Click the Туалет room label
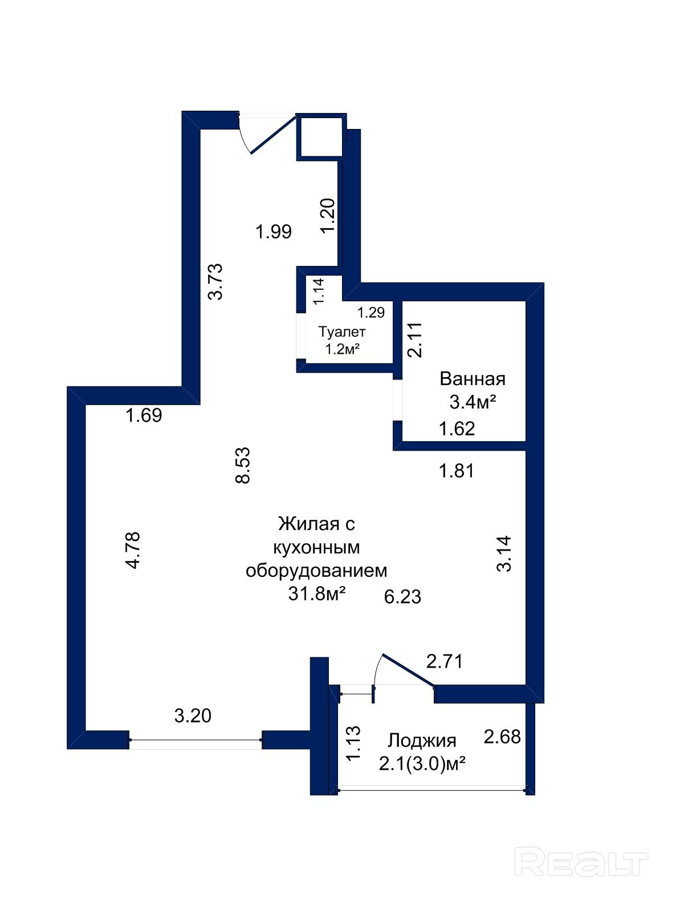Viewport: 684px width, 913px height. tap(342, 332)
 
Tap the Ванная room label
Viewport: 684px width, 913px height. tap(473, 379)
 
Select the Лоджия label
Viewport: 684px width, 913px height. tap(422, 741)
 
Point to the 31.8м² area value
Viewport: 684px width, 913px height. tap(317, 594)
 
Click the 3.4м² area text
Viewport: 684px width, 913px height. tap(473, 402)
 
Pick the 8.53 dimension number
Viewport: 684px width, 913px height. tap(243, 465)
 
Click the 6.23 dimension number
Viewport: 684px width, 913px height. tap(402, 597)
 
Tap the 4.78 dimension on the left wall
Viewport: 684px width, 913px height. tap(133, 551)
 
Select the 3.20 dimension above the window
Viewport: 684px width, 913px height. tap(193, 716)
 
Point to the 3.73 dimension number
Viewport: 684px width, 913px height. tap(216, 281)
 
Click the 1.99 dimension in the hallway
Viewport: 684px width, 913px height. tap(273, 231)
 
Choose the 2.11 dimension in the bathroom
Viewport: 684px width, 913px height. tap(415, 340)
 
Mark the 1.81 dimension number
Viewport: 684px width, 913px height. tap(457, 471)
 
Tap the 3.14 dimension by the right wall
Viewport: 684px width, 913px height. tap(504, 554)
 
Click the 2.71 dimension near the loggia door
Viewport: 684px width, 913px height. tap(445, 661)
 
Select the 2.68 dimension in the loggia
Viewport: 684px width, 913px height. tap(502, 737)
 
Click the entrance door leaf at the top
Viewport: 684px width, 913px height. tap(275, 135)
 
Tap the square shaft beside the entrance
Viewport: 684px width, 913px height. tap(320, 136)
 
